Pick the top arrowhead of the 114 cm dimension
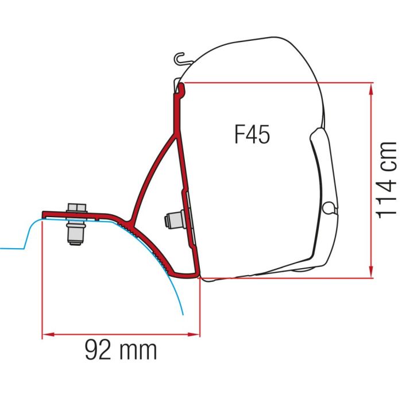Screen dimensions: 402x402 point(372,88)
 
